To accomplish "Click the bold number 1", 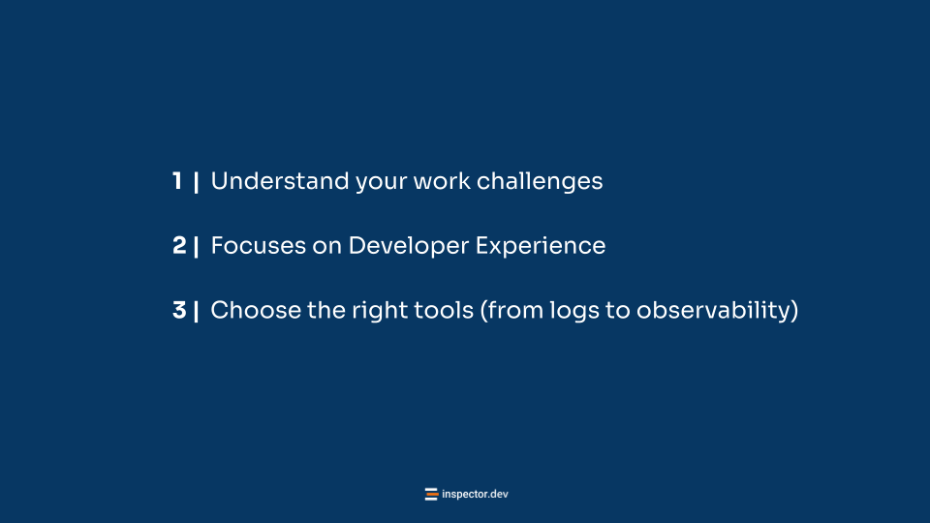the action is (x=177, y=181).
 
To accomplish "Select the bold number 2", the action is (x=180, y=245).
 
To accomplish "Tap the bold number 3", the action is (x=180, y=310).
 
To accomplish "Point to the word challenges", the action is (x=540, y=182).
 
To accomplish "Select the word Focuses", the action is (x=259, y=245).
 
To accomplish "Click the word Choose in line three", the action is (x=256, y=310).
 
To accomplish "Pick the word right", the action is (x=380, y=311).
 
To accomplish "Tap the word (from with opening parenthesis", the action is (x=511, y=311).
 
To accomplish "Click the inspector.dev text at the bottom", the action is (x=475, y=494).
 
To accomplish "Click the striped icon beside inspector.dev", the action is (x=431, y=494).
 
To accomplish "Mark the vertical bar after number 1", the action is (x=196, y=182).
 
